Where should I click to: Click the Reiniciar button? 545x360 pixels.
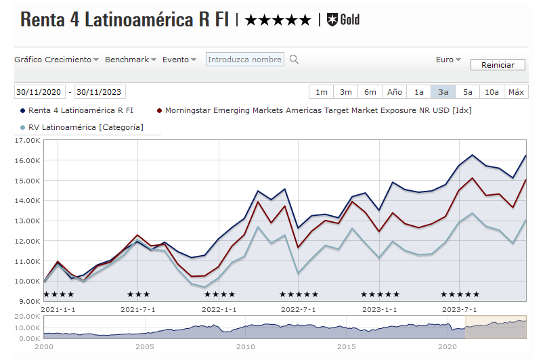pyautogui.click(x=498, y=65)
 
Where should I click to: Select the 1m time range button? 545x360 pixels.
pyautogui.click(x=321, y=92)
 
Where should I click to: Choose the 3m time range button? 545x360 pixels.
pyautogui.click(x=345, y=92)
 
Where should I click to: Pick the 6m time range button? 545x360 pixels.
pyautogui.click(x=370, y=92)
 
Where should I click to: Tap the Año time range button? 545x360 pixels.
pyautogui.click(x=394, y=92)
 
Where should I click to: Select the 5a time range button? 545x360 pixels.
pyautogui.click(x=468, y=92)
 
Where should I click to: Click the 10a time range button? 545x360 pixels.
pyautogui.click(x=492, y=92)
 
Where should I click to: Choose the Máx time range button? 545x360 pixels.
pyautogui.click(x=517, y=92)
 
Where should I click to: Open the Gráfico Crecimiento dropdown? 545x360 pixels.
pyautogui.click(x=57, y=60)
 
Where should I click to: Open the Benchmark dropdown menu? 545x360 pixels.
pyautogui.click(x=131, y=60)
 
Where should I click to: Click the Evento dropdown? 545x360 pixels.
pyautogui.click(x=179, y=60)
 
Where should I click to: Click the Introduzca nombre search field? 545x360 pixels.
pyautogui.click(x=244, y=60)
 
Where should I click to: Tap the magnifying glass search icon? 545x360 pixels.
pyautogui.click(x=294, y=60)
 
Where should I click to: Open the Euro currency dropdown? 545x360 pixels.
pyautogui.click(x=448, y=60)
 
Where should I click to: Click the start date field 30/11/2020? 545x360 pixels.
pyautogui.click(x=39, y=92)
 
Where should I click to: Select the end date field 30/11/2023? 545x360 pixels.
pyautogui.click(x=100, y=92)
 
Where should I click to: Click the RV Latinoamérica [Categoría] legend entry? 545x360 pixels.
pyautogui.click(x=85, y=127)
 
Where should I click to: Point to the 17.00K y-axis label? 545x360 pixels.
pyautogui.click(x=28, y=141)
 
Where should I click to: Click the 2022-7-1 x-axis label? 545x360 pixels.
pyautogui.click(x=299, y=309)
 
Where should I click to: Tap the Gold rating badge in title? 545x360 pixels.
pyautogui.click(x=343, y=20)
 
